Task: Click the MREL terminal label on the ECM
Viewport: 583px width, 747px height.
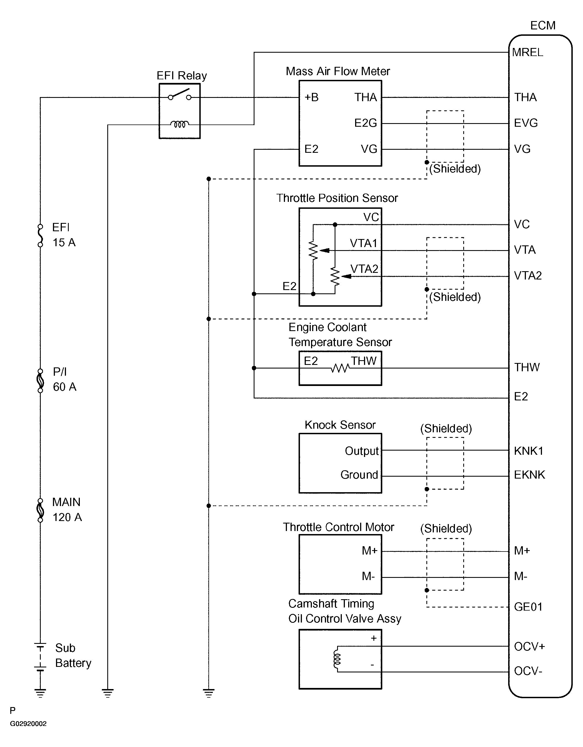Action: point(528,52)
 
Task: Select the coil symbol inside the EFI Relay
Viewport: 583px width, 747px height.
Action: point(180,124)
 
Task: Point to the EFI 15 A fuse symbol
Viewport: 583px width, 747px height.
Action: point(40,235)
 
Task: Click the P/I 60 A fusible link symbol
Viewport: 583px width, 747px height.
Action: point(40,380)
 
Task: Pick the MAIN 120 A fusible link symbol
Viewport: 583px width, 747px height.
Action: point(40,510)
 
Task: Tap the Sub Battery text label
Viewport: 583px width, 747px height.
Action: point(73,655)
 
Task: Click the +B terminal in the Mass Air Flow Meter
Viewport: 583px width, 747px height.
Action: point(312,98)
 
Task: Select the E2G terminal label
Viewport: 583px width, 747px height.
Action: point(366,123)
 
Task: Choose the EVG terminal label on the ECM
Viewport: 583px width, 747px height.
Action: point(526,123)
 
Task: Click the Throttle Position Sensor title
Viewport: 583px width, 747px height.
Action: point(337,198)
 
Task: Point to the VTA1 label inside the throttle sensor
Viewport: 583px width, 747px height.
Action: point(363,243)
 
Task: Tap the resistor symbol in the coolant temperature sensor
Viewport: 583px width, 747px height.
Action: point(340,368)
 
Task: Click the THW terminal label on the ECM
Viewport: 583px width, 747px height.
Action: point(527,367)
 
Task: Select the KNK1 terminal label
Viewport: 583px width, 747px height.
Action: point(529,451)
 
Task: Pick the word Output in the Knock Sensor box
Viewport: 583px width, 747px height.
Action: point(362,451)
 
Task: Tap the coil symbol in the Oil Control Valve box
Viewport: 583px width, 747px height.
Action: point(337,659)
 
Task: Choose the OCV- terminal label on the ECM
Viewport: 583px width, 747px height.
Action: point(528,671)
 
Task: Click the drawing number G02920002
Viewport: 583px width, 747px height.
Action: point(28,723)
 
